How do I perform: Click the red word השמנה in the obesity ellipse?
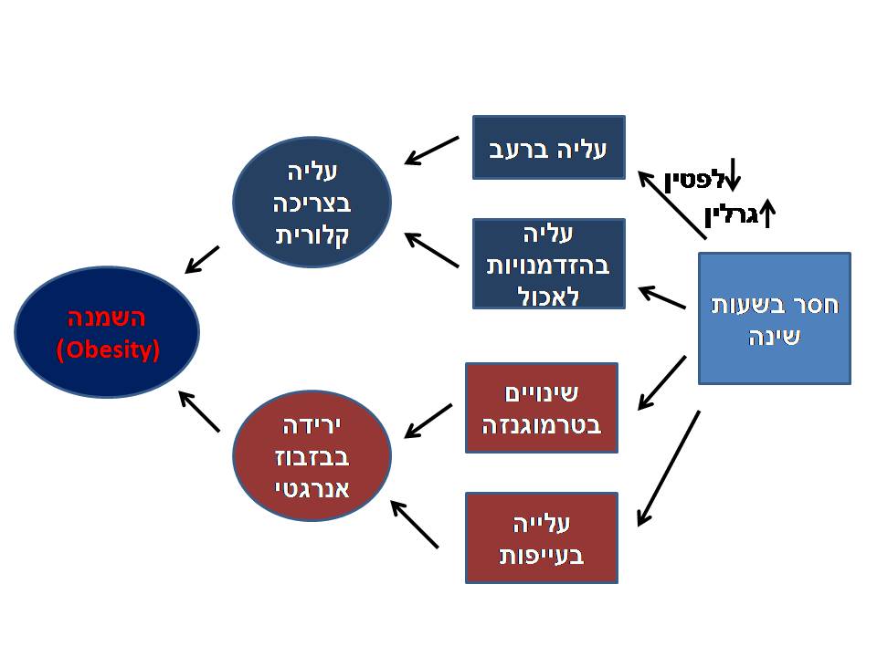tap(107, 319)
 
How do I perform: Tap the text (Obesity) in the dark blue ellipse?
tap(107, 349)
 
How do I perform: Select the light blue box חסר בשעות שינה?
tap(775, 318)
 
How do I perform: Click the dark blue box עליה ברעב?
tap(548, 147)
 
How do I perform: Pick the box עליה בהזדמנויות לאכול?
tap(548, 264)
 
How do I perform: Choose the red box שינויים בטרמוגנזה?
tap(541, 408)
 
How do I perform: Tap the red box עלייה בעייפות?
tap(541, 537)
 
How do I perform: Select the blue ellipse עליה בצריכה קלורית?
tap(312, 202)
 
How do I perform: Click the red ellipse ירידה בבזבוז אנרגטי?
tap(312, 454)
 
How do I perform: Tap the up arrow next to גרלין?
tap(767, 214)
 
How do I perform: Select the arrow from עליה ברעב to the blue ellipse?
tap(431, 151)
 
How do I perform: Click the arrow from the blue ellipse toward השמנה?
tap(202, 259)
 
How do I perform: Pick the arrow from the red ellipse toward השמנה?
tap(199, 412)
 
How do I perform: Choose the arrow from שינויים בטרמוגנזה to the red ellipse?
tap(428, 419)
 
